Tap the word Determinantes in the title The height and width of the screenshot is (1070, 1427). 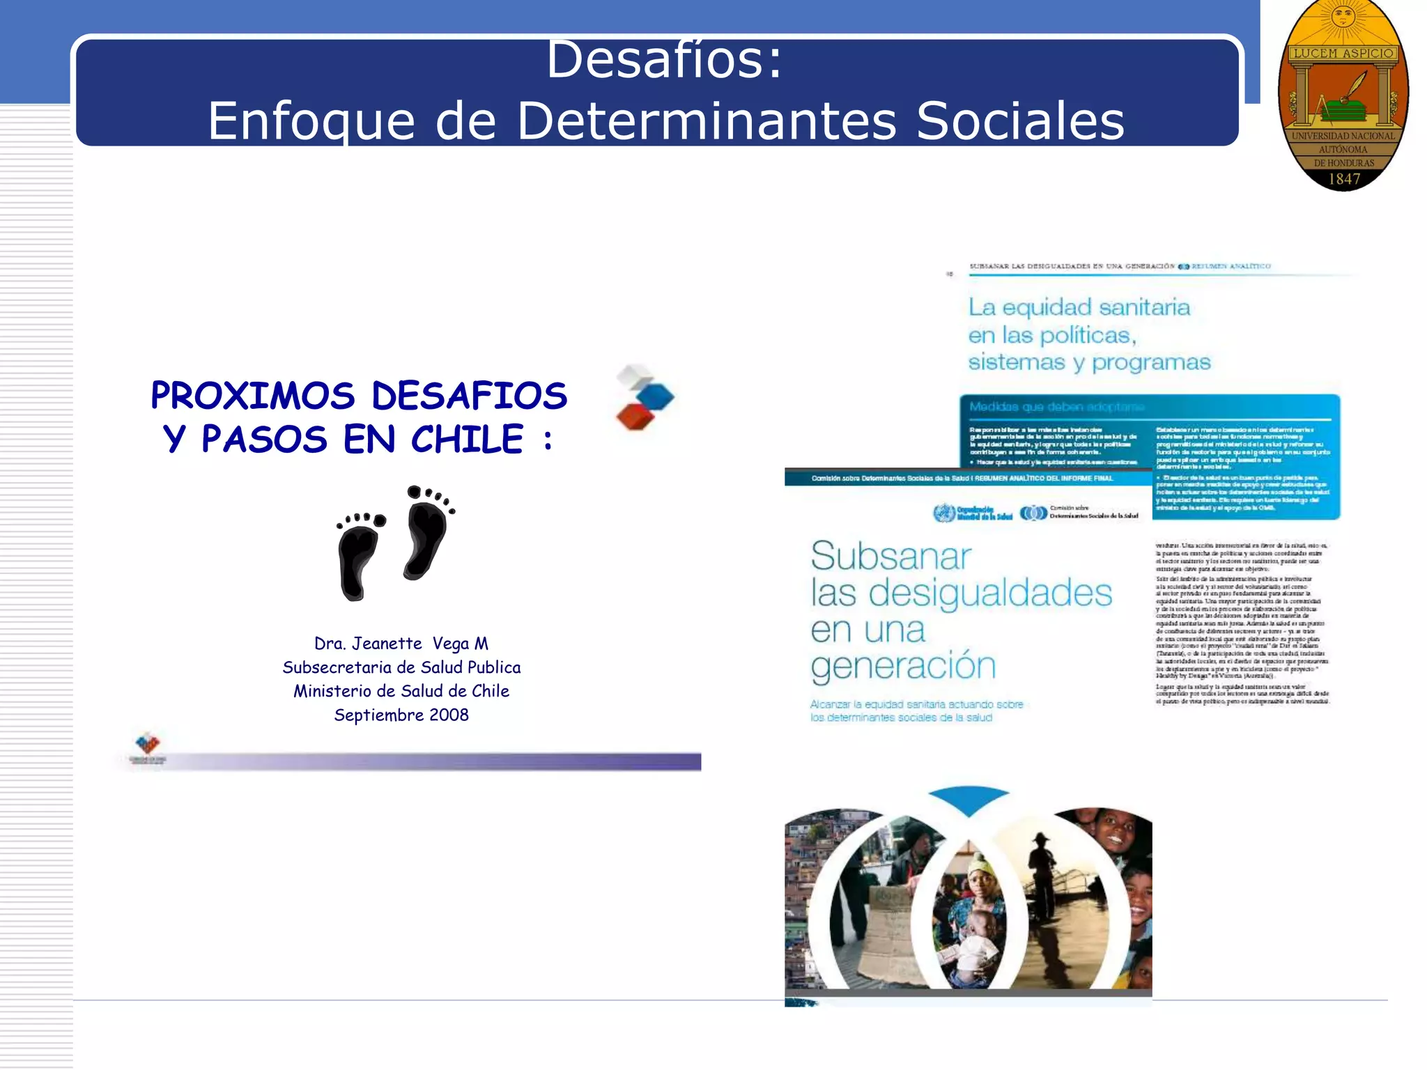(x=706, y=121)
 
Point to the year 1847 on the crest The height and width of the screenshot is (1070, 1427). (x=1344, y=179)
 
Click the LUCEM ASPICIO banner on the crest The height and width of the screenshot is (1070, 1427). (x=1343, y=54)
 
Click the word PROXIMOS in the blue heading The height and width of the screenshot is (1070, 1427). (x=253, y=396)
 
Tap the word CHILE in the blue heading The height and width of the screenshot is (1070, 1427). (x=467, y=440)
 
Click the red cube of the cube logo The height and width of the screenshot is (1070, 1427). (x=635, y=417)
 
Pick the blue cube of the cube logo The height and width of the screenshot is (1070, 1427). (x=655, y=396)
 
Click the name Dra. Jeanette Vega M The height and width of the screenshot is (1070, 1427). (x=401, y=643)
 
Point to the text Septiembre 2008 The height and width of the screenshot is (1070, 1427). (x=401, y=715)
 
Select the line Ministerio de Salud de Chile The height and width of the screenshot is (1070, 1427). (x=401, y=691)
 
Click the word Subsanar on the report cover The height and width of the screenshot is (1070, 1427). (x=890, y=557)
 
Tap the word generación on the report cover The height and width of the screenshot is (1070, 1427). (x=903, y=666)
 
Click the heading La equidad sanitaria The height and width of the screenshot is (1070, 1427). (x=1079, y=307)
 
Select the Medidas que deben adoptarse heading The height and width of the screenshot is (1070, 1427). (x=1056, y=407)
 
